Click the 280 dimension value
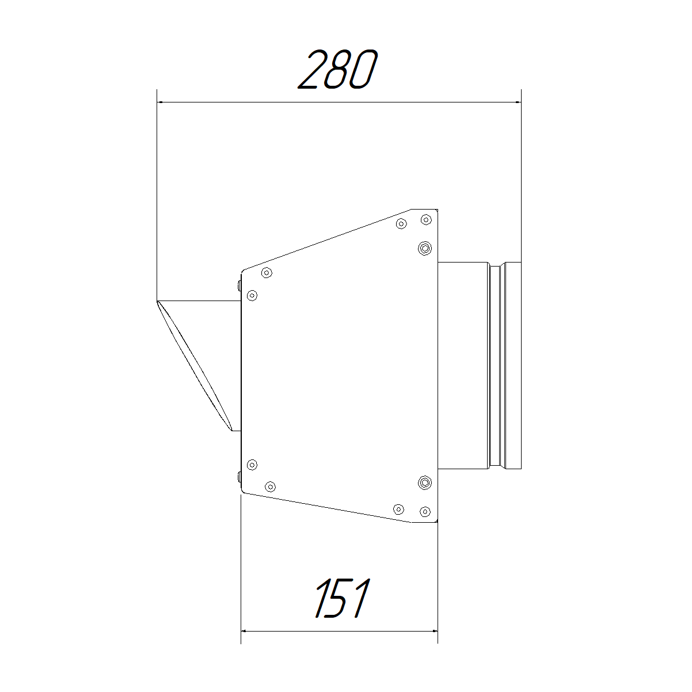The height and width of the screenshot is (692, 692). [x=338, y=69]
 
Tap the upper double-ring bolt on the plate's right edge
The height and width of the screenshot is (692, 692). [x=425, y=248]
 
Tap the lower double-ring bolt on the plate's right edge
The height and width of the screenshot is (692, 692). [x=425, y=482]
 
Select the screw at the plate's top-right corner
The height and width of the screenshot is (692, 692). [x=426, y=219]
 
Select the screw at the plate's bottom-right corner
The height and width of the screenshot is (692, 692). [x=425, y=511]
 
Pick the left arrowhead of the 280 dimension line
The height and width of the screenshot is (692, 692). [x=161, y=102]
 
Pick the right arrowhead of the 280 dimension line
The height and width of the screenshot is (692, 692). [x=518, y=102]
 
